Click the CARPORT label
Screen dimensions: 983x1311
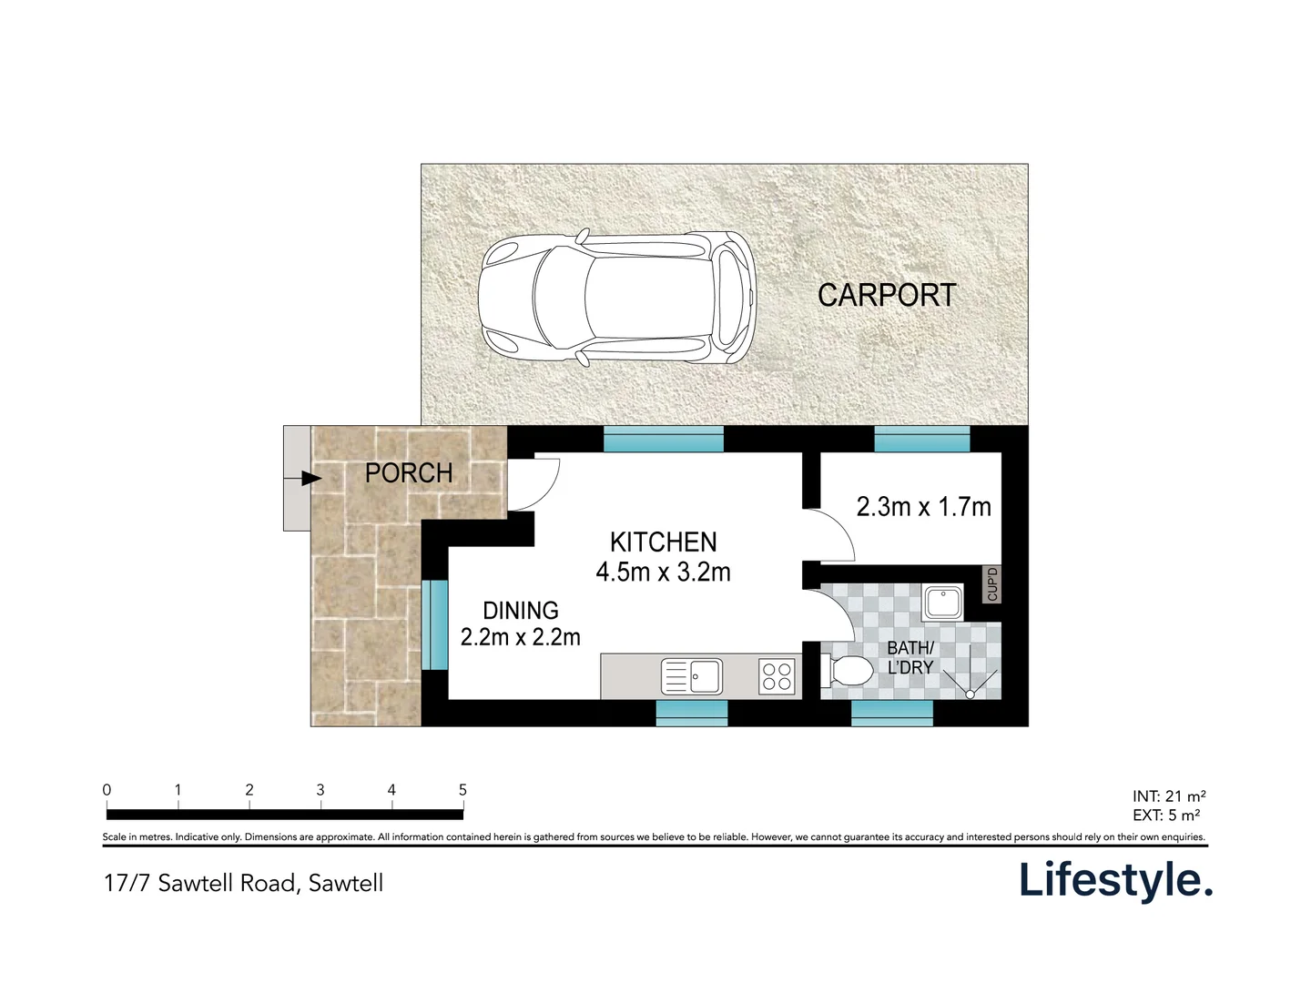(887, 295)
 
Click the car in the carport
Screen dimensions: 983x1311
(617, 299)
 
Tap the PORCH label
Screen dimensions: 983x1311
(409, 473)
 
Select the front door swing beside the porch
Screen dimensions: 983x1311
(534, 483)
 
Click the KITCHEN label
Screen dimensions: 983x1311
(663, 542)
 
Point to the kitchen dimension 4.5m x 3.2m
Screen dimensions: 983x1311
(663, 573)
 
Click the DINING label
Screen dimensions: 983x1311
(521, 611)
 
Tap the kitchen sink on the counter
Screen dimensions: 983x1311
(692, 677)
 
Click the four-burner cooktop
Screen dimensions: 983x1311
(777, 677)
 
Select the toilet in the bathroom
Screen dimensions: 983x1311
(847, 673)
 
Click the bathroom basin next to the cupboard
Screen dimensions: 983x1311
(943, 603)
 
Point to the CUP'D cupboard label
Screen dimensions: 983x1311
(992, 584)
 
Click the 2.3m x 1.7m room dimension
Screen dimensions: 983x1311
(923, 507)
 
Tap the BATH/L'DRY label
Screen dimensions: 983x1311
(910, 657)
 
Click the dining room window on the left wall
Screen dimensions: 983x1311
(434, 624)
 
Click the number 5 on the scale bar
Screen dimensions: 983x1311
(462, 790)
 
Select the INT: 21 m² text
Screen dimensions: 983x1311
(1169, 796)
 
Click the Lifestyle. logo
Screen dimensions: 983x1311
(1115, 880)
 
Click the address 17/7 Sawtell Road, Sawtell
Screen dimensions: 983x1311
(243, 883)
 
